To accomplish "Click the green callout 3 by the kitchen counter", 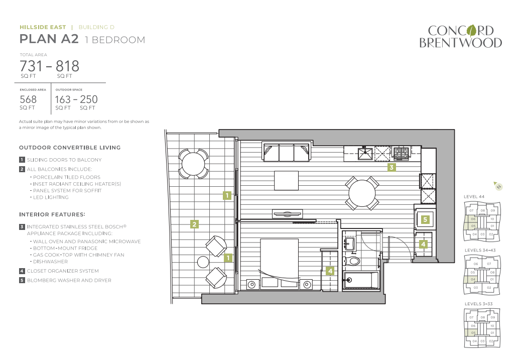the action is tap(391, 167).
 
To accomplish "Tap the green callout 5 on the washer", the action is tap(425, 219).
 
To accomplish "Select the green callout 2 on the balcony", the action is tap(194, 224).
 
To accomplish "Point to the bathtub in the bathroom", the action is tap(361, 280).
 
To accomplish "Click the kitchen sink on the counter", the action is tap(365, 154).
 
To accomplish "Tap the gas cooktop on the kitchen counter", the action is tap(401, 153).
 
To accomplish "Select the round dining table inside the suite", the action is tap(362, 193).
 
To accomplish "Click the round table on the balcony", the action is tap(193, 164).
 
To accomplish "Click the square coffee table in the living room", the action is tap(286, 180).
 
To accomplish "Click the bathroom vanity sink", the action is tap(349, 243).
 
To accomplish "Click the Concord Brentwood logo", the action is tap(460, 36).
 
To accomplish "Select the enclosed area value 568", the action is tap(28, 99).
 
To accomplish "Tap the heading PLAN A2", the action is tap(49, 39).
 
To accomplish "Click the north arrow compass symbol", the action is tap(497, 186).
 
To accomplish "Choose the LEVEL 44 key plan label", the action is tap(474, 196).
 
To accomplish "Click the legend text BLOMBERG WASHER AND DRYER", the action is tap(69, 280).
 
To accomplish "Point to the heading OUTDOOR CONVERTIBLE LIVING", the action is tap(70, 148).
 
